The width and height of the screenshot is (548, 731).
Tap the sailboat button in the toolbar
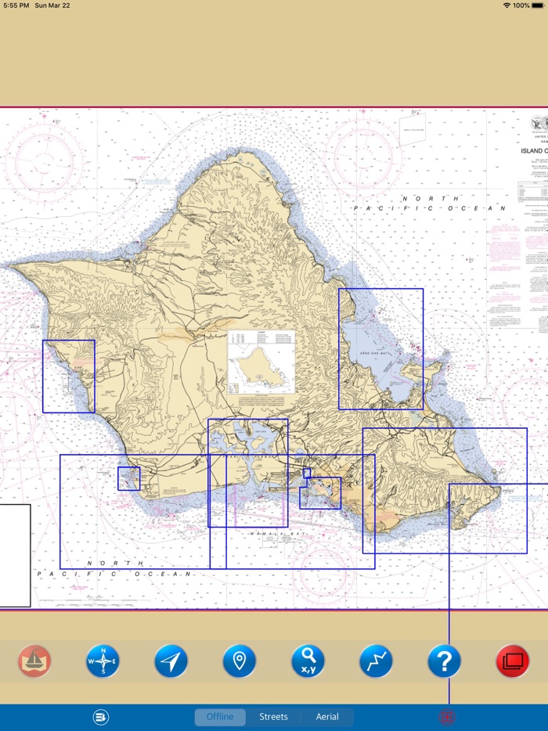click(34, 661)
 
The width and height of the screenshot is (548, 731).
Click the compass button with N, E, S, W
click(103, 661)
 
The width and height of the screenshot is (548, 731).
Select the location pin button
click(240, 661)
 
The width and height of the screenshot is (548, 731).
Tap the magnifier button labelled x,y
click(308, 661)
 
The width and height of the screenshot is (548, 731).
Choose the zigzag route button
click(376, 661)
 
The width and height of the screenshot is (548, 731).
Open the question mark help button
click(444, 661)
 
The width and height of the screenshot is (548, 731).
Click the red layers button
click(513, 661)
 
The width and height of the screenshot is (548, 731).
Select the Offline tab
click(220, 717)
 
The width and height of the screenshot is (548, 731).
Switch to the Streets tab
click(273, 717)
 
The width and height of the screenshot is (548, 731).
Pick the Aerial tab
click(327, 717)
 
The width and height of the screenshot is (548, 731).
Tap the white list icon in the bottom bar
click(100, 717)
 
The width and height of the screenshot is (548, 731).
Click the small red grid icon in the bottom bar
click(449, 717)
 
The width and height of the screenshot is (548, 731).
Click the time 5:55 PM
click(16, 5)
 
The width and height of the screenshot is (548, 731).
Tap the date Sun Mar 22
click(52, 5)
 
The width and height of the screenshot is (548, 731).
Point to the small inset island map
click(261, 362)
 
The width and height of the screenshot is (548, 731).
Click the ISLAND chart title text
click(532, 150)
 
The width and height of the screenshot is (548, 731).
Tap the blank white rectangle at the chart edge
click(15, 556)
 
